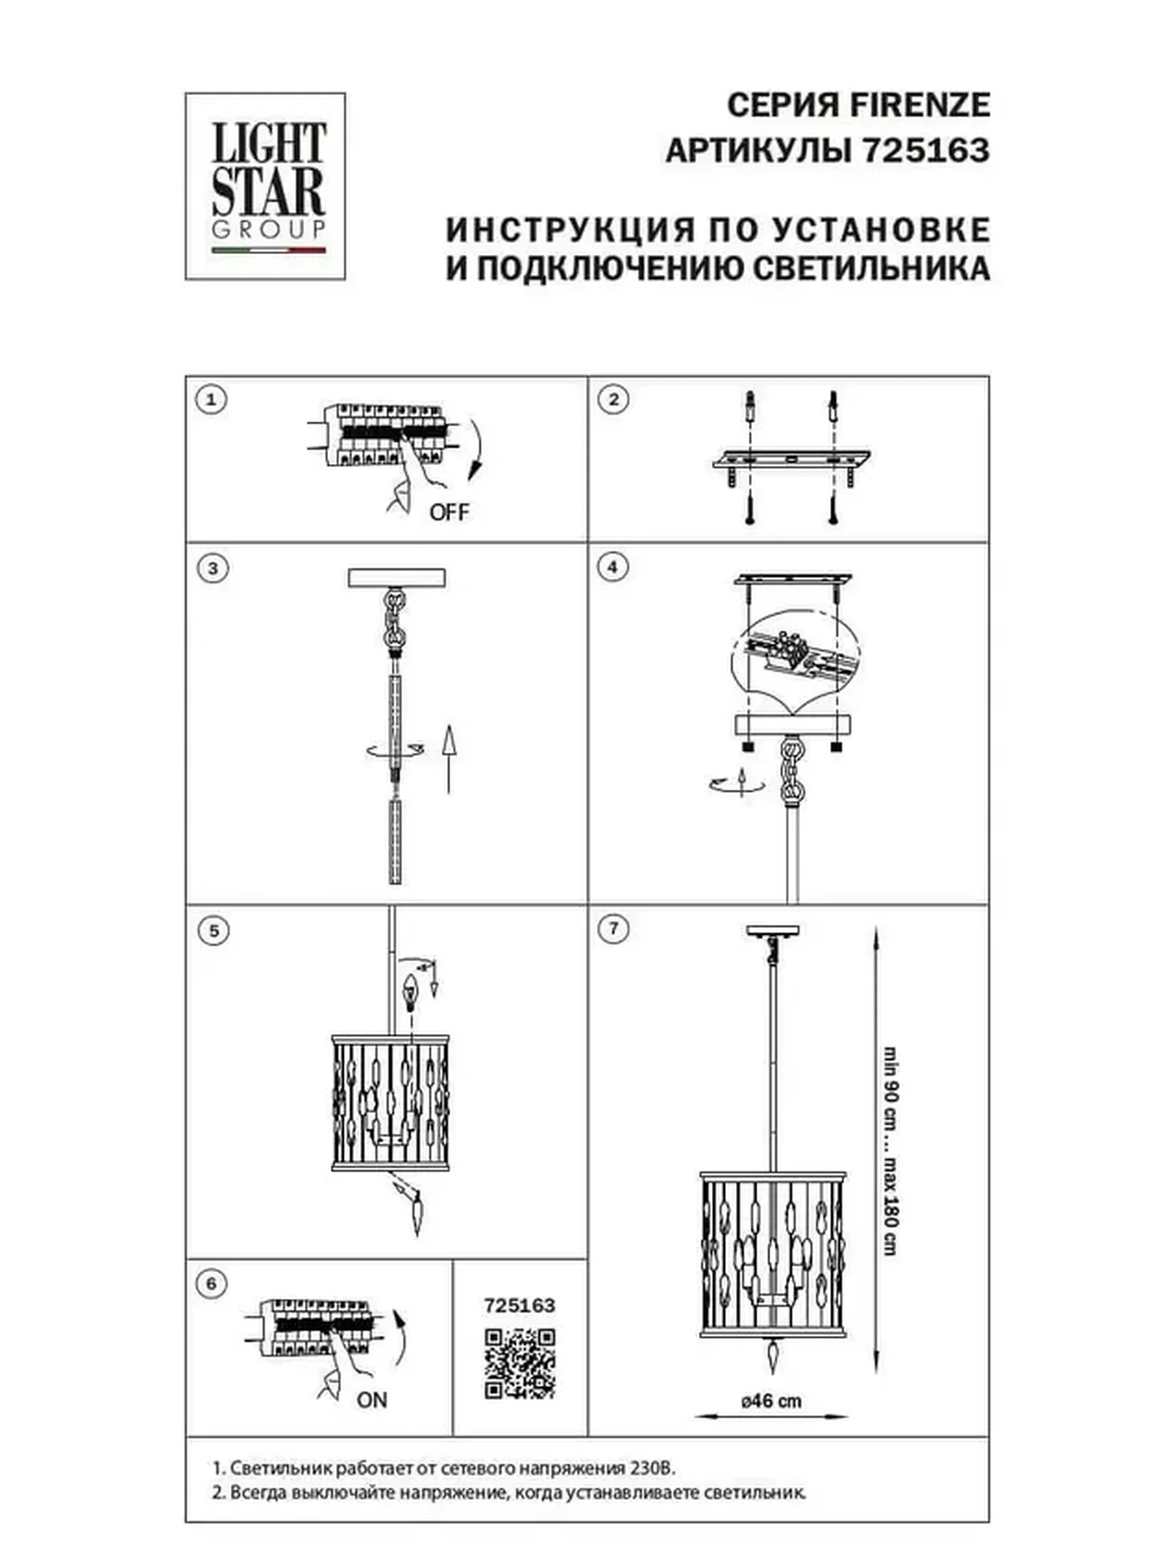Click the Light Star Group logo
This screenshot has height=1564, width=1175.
[x=265, y=186]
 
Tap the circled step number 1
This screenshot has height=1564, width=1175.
[x=210, y=400]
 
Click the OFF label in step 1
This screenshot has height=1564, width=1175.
[x=448, y=512]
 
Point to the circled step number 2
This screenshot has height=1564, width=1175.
[x=612, y=400]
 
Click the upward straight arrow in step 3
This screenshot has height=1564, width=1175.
[x=447, y=758]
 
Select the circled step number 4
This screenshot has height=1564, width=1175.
[x=612, y=567]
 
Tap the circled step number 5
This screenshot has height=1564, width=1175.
[x=213, y=931]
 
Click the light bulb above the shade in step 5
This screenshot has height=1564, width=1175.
[x=410, y=989]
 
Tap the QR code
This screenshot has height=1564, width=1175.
[x=519, y=1363]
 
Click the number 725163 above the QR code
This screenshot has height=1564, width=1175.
[x=519, y=1305]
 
